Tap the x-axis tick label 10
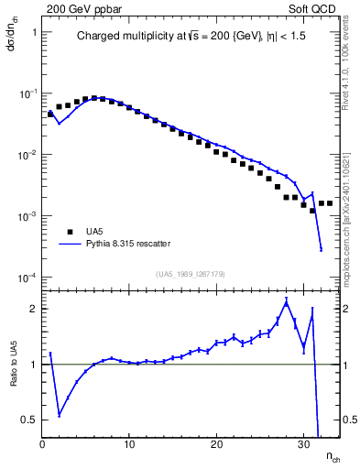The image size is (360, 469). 129,444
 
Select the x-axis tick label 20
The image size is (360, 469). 217,444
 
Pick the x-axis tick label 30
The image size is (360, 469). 304,444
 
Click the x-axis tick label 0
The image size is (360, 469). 42,444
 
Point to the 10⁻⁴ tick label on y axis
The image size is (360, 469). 26,278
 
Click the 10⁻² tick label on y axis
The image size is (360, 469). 26,155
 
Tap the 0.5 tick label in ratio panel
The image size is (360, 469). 27,420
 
